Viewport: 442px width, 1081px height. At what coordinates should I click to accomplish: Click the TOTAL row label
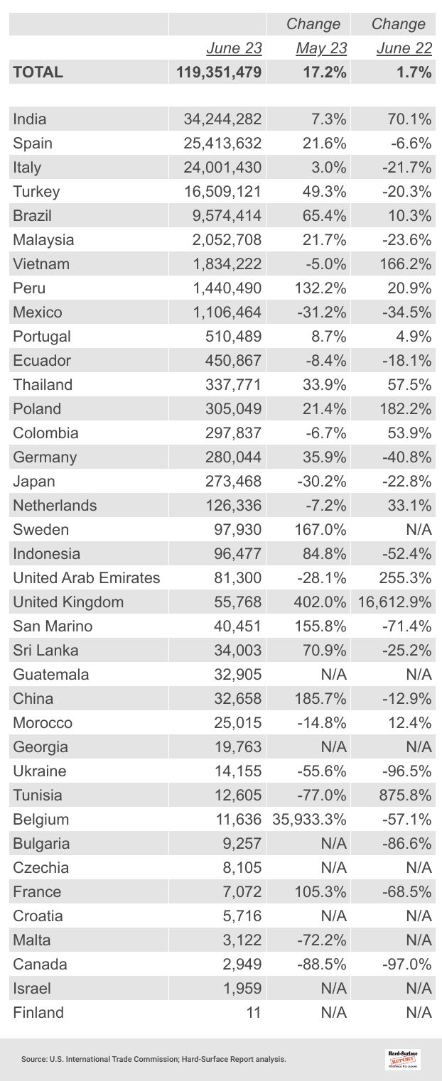click(38, 72)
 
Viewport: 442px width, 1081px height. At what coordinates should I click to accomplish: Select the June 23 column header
click(234, 48)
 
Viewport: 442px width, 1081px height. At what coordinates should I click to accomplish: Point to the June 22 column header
click(404, 48)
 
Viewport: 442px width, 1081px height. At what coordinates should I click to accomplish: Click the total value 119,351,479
click(219, 72)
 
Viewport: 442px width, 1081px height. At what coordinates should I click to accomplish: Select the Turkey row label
click(36, 192)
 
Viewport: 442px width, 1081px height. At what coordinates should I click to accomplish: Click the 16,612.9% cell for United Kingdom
click(392, 602)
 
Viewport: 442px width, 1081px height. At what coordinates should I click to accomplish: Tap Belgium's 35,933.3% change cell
click(309, 820)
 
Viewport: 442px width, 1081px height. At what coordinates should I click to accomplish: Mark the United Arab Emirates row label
click(86, 578)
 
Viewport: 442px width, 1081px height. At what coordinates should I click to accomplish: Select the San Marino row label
click(53, 626)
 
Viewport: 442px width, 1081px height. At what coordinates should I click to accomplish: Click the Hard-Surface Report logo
click(403, 1059)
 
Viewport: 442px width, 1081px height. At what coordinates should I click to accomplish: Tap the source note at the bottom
click(153, 1059)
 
